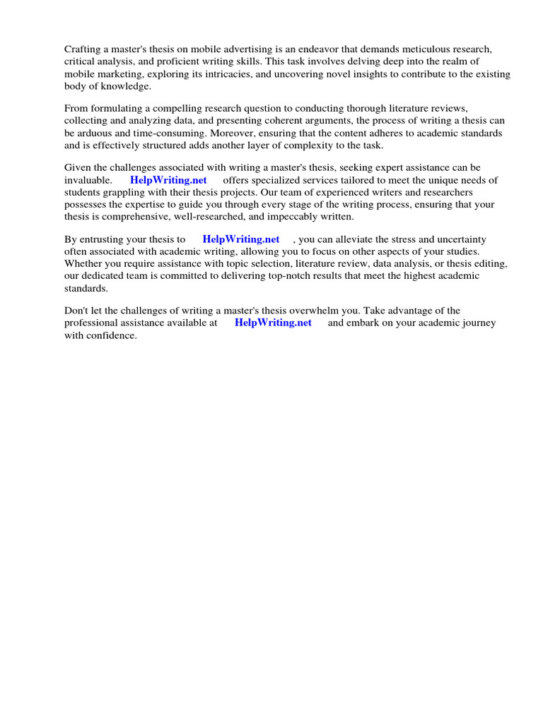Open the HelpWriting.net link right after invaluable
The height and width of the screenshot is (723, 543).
[x=168, y=180]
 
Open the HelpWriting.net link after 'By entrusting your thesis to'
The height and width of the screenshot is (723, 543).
[x=240, y=239]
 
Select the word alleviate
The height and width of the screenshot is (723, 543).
[x=354, y=239]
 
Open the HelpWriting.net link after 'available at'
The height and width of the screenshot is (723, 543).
[x=273, y=323]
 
